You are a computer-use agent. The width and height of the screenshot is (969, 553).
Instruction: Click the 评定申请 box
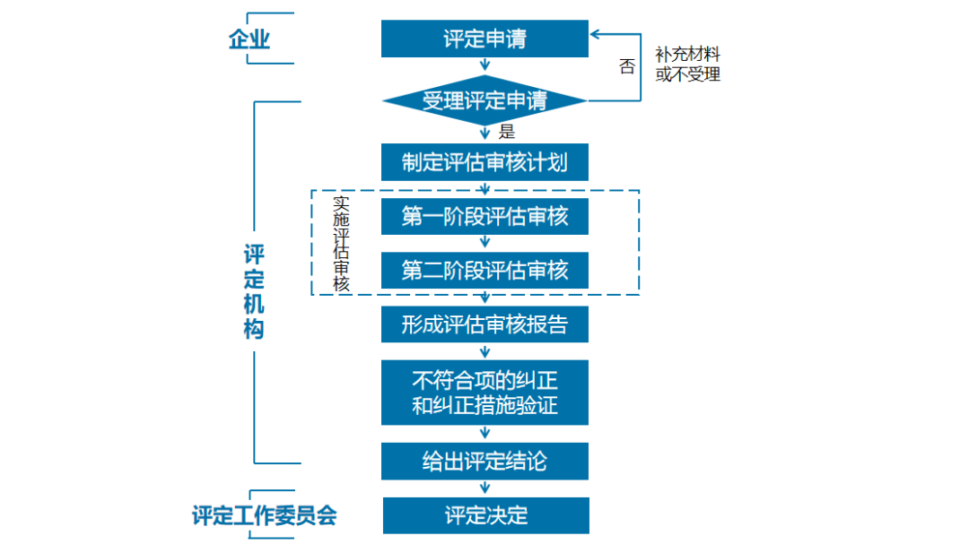[x=484, y=39]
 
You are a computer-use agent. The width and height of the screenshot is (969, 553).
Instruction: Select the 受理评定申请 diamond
[x=484, y=100]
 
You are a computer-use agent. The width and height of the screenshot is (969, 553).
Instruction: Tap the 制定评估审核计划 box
[x=484, y=163]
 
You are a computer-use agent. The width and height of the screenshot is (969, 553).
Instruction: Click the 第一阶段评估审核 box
[x=484, y=217]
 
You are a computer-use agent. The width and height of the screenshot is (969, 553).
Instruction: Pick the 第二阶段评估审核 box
[x=484, y=270]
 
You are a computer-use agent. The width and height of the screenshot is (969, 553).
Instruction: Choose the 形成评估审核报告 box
[x=484, y=324]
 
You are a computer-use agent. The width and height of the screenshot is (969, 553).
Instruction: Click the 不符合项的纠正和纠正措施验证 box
[x=484, y=393]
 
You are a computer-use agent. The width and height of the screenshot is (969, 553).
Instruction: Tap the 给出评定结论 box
[x=484, y=462]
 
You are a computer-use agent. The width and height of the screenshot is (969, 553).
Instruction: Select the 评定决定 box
[x=485, y=515]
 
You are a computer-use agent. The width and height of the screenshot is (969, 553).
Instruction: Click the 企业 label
[x=249, y=39]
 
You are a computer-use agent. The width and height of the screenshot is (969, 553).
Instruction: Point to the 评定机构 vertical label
[x=254, y=291]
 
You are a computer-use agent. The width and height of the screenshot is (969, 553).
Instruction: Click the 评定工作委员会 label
[x=264, y=516]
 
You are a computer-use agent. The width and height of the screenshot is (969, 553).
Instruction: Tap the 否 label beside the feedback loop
[x=626, y=66]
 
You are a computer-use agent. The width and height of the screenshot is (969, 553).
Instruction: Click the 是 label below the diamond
[x=507, y=133]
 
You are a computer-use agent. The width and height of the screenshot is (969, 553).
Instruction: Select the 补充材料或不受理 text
[x=687, y=65]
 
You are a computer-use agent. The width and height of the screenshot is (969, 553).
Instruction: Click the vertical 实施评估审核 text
[x=341, y=244]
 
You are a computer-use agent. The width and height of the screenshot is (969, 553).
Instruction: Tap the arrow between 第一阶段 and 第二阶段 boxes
[x=485, y=243]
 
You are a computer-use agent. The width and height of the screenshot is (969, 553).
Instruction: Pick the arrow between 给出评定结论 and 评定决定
[x=485, y=488]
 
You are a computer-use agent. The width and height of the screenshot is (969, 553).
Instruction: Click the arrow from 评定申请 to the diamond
[x=485, y=65]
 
